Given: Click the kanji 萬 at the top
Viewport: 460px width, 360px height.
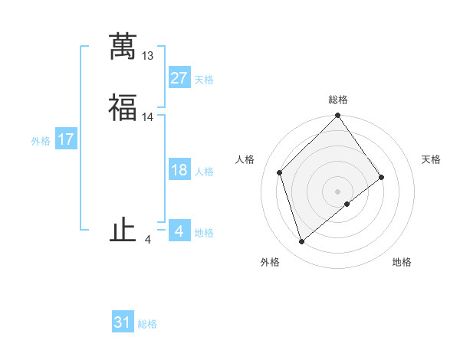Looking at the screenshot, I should [122, 46].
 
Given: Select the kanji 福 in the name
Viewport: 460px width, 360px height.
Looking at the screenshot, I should [122, 108].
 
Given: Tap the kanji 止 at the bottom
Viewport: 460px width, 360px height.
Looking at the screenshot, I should [122, 231].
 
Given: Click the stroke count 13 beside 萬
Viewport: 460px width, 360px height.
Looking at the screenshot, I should [148, 56].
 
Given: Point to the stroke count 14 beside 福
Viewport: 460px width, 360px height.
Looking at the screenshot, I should [148, 117].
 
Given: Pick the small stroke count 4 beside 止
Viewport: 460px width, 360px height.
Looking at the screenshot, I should [148, 240].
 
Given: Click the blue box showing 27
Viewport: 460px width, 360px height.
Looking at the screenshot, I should [179, 78].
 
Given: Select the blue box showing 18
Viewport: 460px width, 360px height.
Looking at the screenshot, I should [179, 170].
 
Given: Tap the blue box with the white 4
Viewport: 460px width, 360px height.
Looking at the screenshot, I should [179, 231].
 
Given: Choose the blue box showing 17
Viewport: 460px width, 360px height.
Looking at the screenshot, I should [66, 139].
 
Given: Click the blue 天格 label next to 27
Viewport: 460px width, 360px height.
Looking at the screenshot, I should [204, 80].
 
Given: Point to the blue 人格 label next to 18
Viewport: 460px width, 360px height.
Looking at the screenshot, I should [204, 172].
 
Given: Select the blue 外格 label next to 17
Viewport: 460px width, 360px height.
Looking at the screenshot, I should [41, 141].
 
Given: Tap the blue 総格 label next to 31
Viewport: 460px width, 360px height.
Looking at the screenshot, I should [147, 324].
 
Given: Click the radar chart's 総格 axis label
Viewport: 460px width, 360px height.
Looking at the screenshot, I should [338, 100].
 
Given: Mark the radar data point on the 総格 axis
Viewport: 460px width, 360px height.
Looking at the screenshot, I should [338, 116].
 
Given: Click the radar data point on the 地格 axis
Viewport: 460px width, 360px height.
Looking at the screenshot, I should [348, 203].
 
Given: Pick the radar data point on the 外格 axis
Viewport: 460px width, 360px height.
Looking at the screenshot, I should [302, 242].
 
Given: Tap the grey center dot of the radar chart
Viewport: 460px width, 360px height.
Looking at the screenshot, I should [338, 191].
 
